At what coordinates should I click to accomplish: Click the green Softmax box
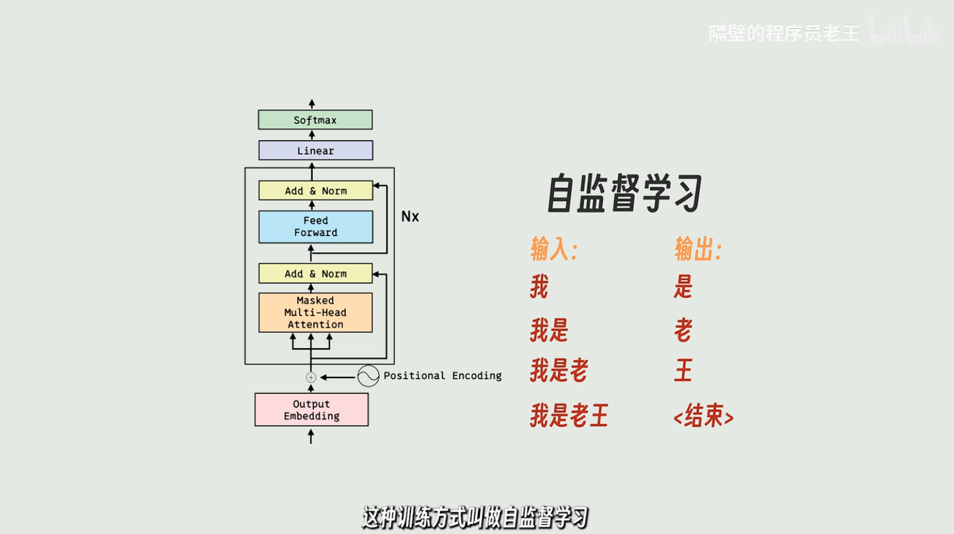click(x=315, y=120)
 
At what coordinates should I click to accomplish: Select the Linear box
click(x=315, y=151)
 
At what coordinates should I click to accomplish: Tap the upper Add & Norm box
click(x=315, y=191)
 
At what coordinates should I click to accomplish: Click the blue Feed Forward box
click(x=315, y=227)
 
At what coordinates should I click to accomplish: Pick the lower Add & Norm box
click(x=315, y=273)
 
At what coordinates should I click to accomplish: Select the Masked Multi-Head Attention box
click(x=315, y=312)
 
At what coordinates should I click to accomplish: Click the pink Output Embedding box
click(x=311, y=410)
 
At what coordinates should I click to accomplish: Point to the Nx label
click(x=410, y=217)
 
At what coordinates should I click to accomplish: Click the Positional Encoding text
click(x=443, y=376)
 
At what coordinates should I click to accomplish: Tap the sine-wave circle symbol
click(x=368, y=376)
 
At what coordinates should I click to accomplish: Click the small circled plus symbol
click(x=311, y=377)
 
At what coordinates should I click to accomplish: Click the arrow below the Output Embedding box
click(x=311, y=435)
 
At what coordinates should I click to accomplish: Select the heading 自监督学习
click(x=624, y=193)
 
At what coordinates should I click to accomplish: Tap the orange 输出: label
click(x=697, y=250)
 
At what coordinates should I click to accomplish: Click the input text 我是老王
click(x=569, y=416)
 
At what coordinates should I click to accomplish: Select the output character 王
click(x=683, y=372)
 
